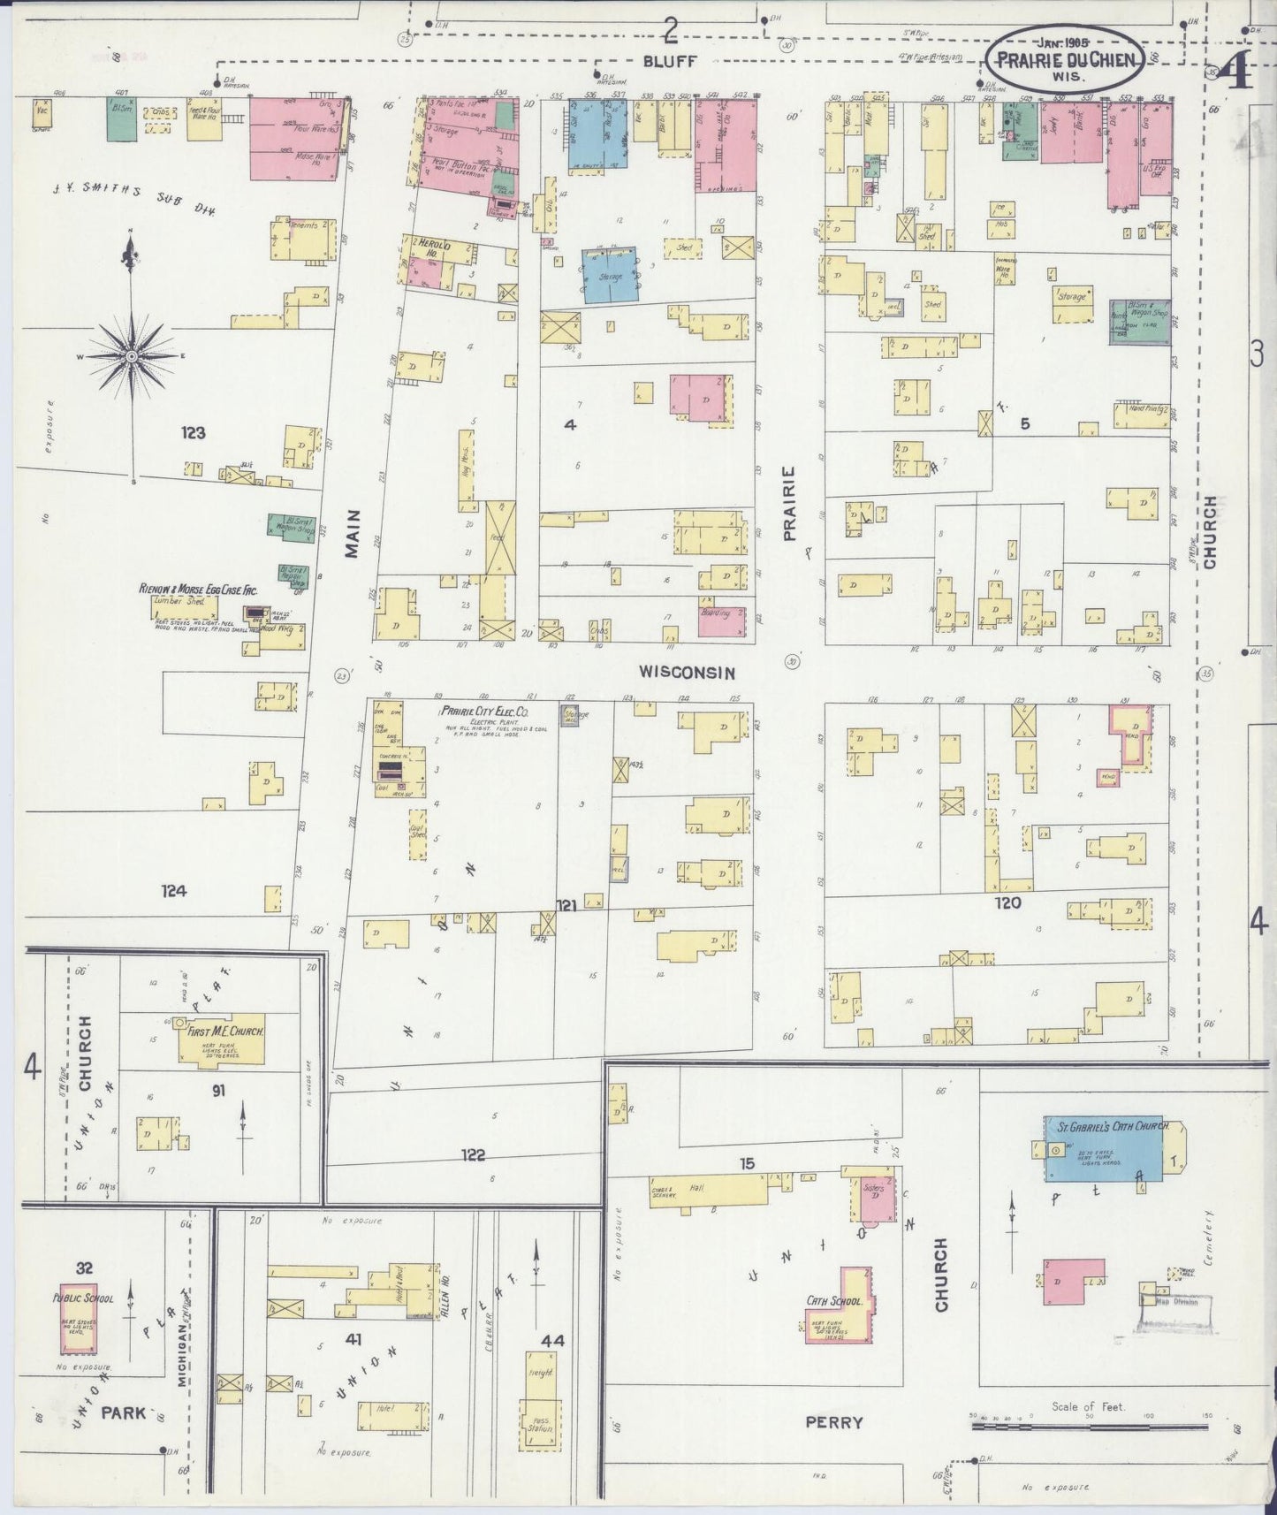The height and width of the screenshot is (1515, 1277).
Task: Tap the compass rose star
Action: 132,356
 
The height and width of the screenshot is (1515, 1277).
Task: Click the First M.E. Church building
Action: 220,1044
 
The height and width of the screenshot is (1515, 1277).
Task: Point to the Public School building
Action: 78,1317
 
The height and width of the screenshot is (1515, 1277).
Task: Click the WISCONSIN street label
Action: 688,673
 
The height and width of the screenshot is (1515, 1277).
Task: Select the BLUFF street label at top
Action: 670,61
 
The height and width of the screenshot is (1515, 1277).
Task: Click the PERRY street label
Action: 834,1422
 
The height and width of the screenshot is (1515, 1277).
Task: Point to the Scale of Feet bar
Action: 1089,1426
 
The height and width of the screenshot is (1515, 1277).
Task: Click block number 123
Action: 194,433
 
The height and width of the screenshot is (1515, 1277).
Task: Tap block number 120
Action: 1007,902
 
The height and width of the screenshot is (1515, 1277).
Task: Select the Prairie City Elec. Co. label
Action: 484,711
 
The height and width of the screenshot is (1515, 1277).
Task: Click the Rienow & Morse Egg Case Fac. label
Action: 198,589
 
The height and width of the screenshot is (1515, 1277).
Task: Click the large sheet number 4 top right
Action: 1237,74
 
